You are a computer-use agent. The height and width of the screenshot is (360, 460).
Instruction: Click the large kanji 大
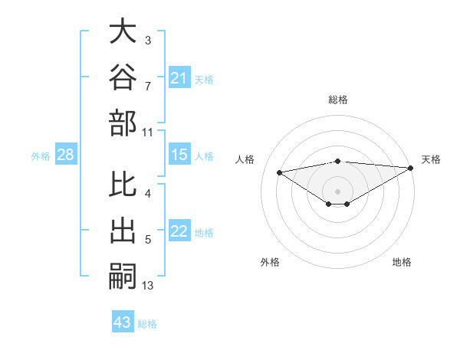(123, 31)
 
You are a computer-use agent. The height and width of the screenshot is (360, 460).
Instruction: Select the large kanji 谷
(123, 77)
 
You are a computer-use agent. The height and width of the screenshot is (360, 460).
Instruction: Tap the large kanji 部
(123, 123)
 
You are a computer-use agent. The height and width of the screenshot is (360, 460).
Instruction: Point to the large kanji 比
(123, 184)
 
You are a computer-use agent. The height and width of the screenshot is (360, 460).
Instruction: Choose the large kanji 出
(123, 230)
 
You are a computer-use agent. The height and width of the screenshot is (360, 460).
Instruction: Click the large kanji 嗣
(123, 277)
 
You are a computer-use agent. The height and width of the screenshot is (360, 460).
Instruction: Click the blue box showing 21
(179, 77)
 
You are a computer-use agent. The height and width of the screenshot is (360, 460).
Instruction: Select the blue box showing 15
(179, 154)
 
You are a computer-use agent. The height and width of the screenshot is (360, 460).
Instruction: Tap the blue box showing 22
(179, 230)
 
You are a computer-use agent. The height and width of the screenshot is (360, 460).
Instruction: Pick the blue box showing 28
(66, 154)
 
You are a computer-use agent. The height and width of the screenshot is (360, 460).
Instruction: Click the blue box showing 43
(123, 321)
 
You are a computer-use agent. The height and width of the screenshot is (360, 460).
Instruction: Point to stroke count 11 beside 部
(147, 133)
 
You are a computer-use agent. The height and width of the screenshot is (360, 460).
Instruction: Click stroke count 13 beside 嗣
(147, 286)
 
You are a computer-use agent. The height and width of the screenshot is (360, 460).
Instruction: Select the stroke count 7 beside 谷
(148, 87)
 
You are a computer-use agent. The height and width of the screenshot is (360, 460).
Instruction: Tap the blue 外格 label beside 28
(41, 156)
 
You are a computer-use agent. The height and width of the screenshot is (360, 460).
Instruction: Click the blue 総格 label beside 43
(147, 324)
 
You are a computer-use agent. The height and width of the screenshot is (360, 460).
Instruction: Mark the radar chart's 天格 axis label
(431, 159)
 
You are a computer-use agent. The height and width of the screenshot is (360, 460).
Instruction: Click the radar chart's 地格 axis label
(402, 262)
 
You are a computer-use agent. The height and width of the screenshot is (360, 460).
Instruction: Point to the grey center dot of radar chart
(337, 191)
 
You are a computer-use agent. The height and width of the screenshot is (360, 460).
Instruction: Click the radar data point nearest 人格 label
(280, 172)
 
